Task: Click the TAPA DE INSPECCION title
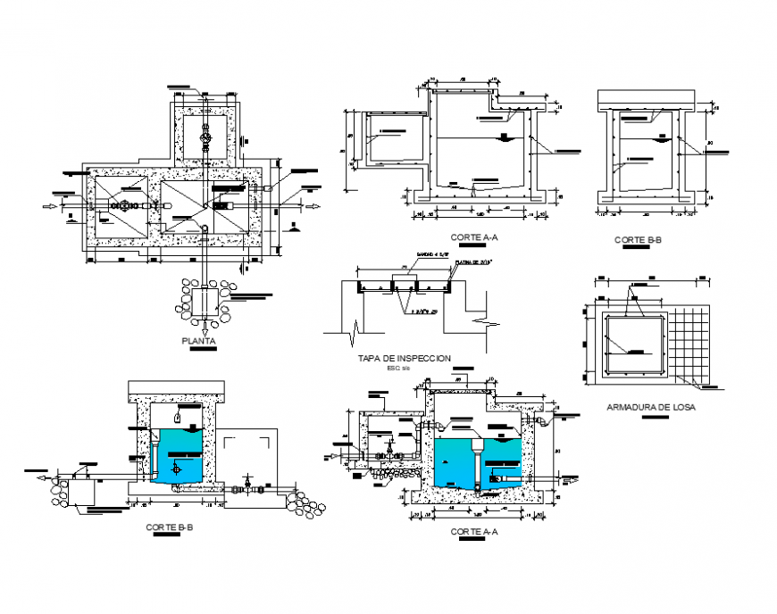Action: (404, 358)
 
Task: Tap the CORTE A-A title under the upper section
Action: (474, 237)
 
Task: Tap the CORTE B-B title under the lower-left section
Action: (170, 527)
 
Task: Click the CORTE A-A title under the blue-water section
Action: (474, 531)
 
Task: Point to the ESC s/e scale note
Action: (396, 368)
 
